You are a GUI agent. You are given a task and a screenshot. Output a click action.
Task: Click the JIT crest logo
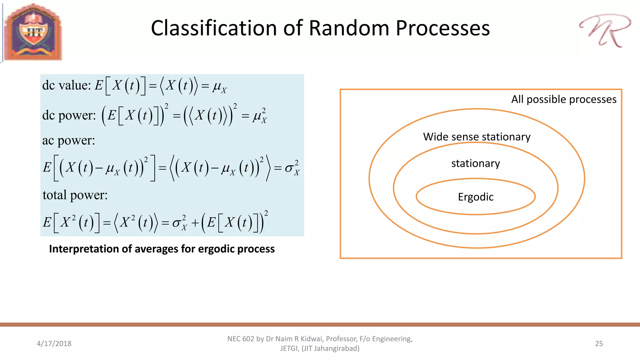(33, 32)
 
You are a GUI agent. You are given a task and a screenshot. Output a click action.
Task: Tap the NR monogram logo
(605, 30)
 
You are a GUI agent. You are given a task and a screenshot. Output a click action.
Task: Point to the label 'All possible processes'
(563, 99)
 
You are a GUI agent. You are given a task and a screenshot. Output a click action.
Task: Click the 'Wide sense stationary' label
(477, 137)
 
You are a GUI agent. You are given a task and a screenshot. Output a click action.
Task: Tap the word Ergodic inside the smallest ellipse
(476, 197)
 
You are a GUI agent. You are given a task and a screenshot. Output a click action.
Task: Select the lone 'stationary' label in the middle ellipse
(476, 163)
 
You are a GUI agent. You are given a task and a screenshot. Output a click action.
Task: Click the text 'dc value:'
(66, 85)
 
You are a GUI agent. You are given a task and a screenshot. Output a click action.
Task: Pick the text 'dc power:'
(69, 115)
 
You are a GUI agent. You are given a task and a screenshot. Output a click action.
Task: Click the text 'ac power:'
(68, 140)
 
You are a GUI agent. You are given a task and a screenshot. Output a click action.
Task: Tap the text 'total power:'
(75, 195)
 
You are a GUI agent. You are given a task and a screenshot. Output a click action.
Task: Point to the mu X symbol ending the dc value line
(219, 87)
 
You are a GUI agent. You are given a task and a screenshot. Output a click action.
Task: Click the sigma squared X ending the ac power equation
(292, 168)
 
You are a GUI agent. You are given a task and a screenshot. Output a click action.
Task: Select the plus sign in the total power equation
(195, 223)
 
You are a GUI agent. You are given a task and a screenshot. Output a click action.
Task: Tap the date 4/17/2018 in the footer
(54, 343)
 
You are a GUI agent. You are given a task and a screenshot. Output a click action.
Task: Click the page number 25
(599, 343)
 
